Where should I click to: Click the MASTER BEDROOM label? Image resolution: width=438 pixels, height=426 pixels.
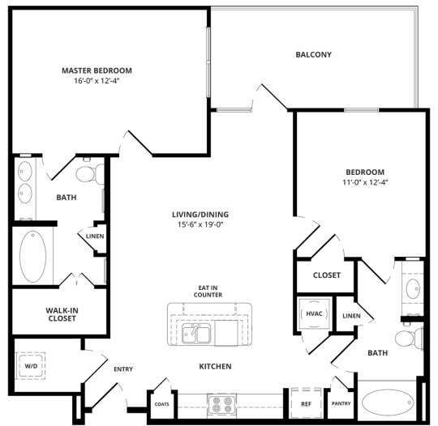97,70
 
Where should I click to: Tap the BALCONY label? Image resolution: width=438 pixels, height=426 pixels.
312,55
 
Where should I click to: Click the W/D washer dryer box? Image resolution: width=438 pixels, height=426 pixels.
31,365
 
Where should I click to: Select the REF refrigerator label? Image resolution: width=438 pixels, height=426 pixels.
306,403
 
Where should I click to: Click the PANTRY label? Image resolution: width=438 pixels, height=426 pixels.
341,403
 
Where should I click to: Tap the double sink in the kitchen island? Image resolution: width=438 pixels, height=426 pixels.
197,333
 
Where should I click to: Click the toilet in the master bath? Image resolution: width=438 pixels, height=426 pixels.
88,173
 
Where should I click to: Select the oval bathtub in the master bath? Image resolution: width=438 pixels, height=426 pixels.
32,257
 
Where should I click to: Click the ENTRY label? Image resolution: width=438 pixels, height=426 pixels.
123,369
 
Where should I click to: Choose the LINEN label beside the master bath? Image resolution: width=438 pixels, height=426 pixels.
95,236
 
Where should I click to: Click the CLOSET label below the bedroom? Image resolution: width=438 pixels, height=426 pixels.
327,275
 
